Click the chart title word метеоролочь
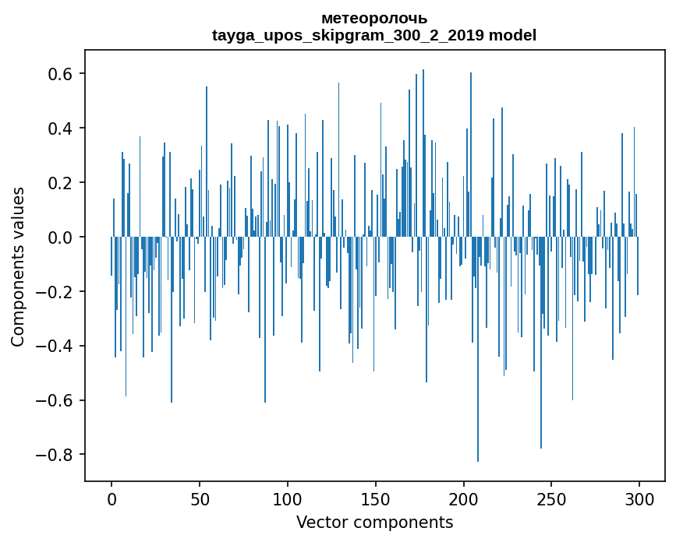(x=374, y=19)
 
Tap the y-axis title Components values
(x=18, y=266)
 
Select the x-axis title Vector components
(x=374, y=522)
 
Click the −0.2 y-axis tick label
(x=56, y=291)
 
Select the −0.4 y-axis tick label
(x=56, y=346)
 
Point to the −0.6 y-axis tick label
(x=56, y=400)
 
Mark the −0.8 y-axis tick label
(x=56, y=455)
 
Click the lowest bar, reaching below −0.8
(x=478, y=389)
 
